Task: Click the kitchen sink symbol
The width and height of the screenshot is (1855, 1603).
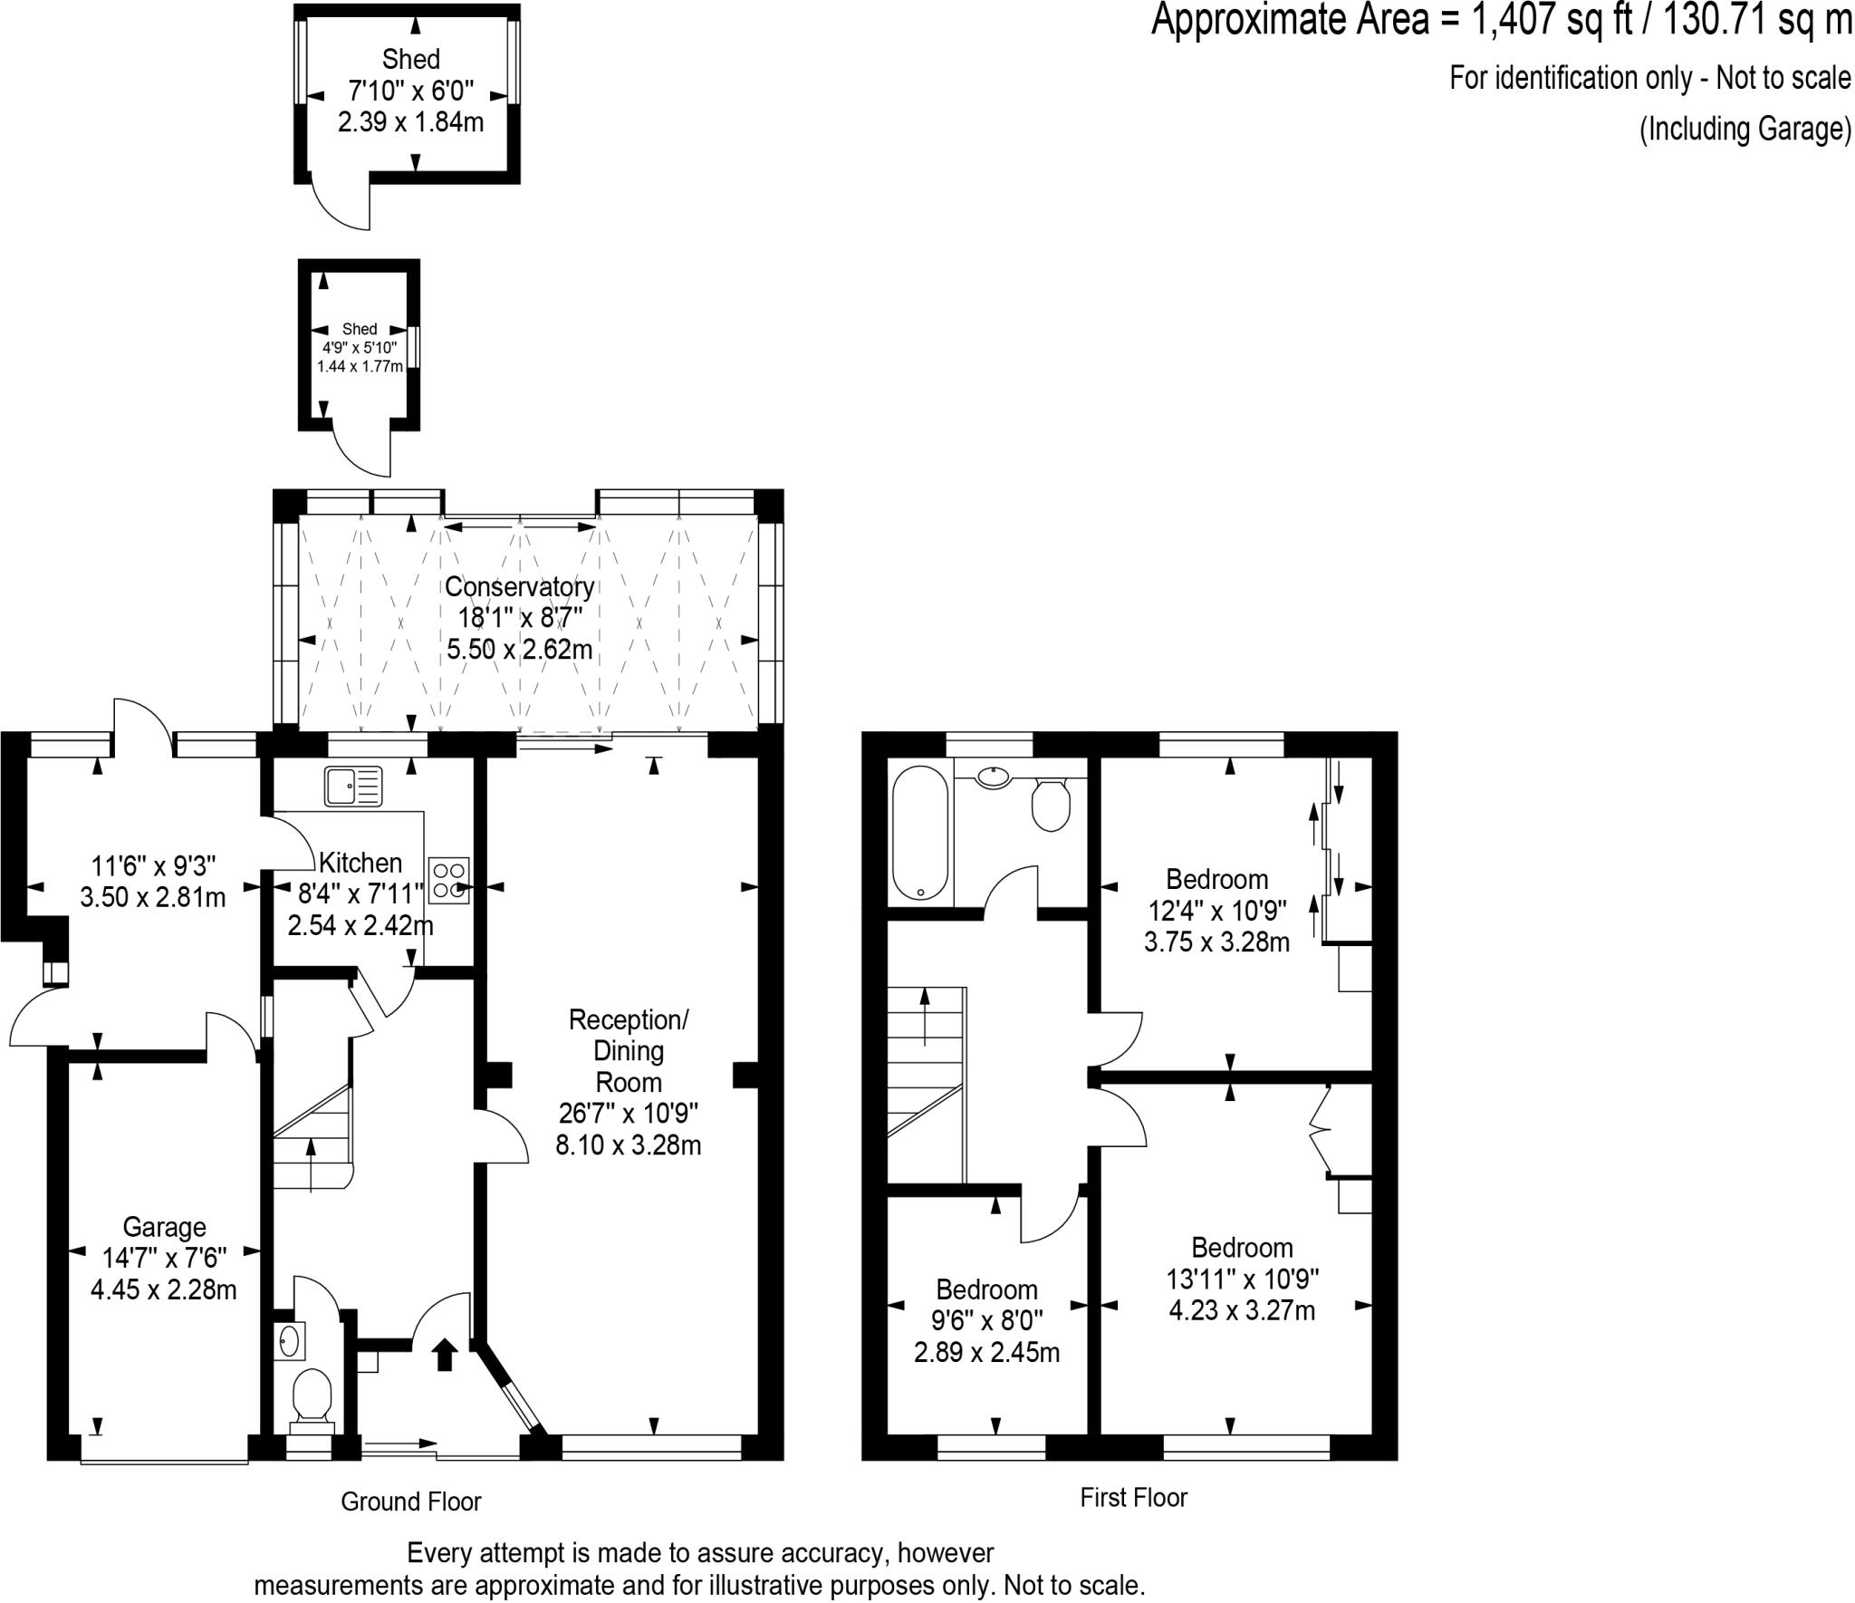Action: tap(353, 786)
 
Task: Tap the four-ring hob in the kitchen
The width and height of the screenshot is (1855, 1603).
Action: tap(449, 881)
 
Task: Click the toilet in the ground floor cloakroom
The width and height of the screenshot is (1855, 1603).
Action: tap(312, 1395)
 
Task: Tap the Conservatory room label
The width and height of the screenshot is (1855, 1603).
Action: tap(519, 587)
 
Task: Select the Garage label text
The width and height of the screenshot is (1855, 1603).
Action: tap(164, 1227)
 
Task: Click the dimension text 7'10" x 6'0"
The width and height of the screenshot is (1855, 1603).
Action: tap(411, 91)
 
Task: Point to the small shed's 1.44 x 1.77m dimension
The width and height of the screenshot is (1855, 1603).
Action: tap(360, 366)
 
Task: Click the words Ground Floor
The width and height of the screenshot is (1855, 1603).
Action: tap(410, 1502)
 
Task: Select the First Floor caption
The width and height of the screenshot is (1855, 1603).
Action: tap(1133, 1497)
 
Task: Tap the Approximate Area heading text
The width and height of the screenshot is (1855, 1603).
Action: tap(1500, 20)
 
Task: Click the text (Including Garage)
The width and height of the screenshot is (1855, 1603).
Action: tap(1744, 130)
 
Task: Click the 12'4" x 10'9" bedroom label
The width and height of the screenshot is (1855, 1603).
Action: tap(1216, 910)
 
